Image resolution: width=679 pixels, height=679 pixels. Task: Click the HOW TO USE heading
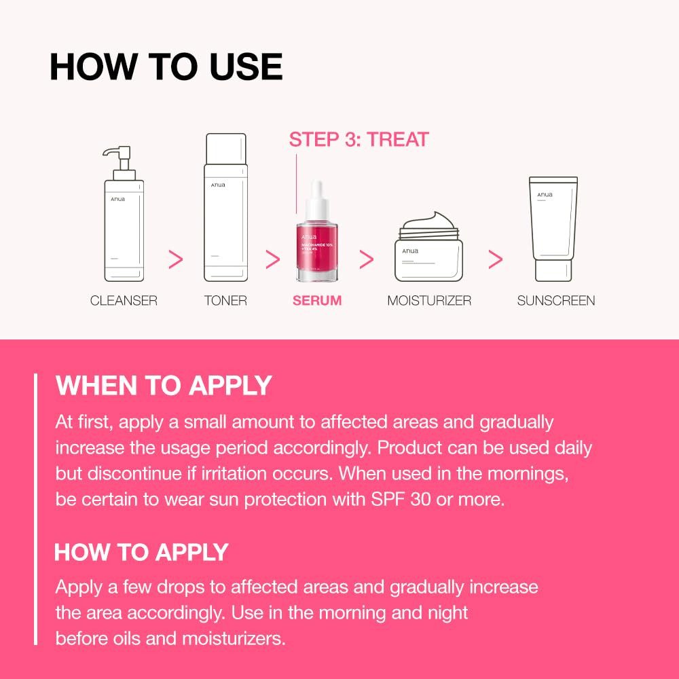[x=166, y=67]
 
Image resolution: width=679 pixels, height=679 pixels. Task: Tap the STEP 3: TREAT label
[x=359, y=140]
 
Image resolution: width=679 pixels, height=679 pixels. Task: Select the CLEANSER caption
[x=124, y=300]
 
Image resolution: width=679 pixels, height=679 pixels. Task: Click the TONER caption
[x=225, y=300]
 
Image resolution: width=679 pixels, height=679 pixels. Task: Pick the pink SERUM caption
[x=317, y=300]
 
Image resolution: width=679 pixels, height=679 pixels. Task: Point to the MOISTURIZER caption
[x=429, y=300]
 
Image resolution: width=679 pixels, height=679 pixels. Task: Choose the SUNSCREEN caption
[x=556, y=300]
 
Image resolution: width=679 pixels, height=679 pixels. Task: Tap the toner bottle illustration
[x=225, y=207]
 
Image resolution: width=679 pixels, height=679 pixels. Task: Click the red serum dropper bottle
[x=317, y=251]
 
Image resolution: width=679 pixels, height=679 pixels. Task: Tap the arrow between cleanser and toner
[x=176, y=259]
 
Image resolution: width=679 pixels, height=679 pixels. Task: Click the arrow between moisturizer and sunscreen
[x=496, y=259]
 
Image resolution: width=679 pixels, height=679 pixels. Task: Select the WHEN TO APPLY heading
[x=164, y=386]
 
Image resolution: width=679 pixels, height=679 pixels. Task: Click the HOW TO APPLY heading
[x=141, y=552]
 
